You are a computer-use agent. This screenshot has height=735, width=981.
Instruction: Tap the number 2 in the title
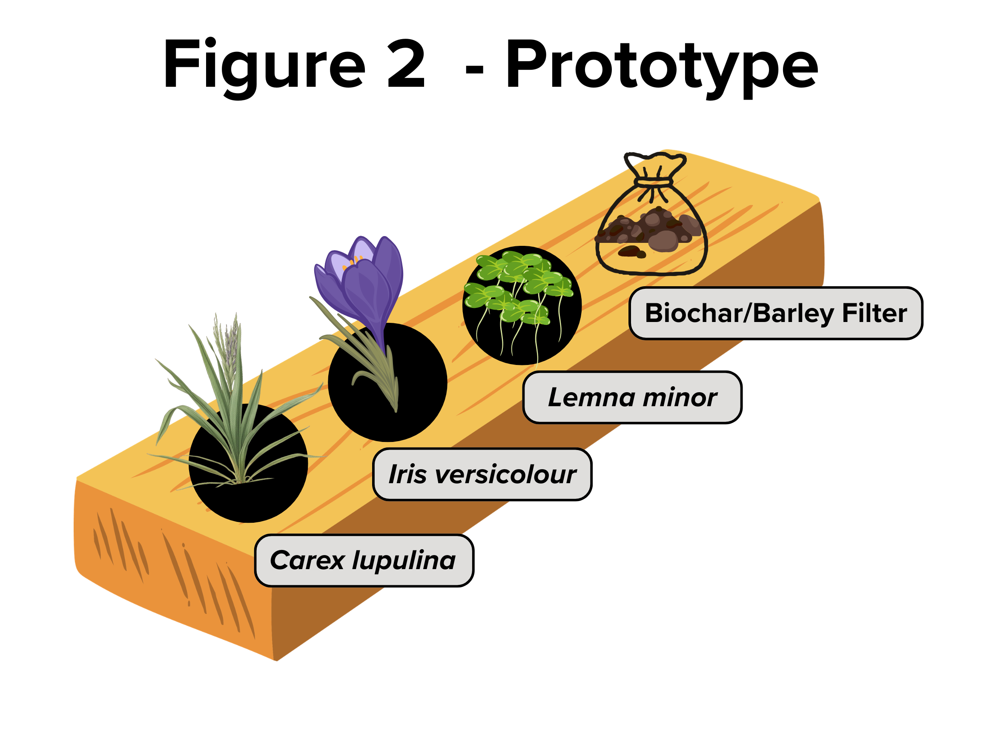tap(406, 63)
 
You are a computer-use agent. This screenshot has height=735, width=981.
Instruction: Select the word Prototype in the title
tap(662, 68)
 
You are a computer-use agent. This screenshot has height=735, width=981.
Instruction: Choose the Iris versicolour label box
tap(482, 475)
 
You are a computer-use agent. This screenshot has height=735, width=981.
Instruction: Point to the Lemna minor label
tap(632, 397)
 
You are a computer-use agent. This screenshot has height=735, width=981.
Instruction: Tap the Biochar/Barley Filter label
tap(776, 313)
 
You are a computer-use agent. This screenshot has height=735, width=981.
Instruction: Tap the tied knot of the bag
tap(654, 182)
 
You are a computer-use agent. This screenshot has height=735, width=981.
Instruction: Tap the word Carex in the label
tap(307, 561)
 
